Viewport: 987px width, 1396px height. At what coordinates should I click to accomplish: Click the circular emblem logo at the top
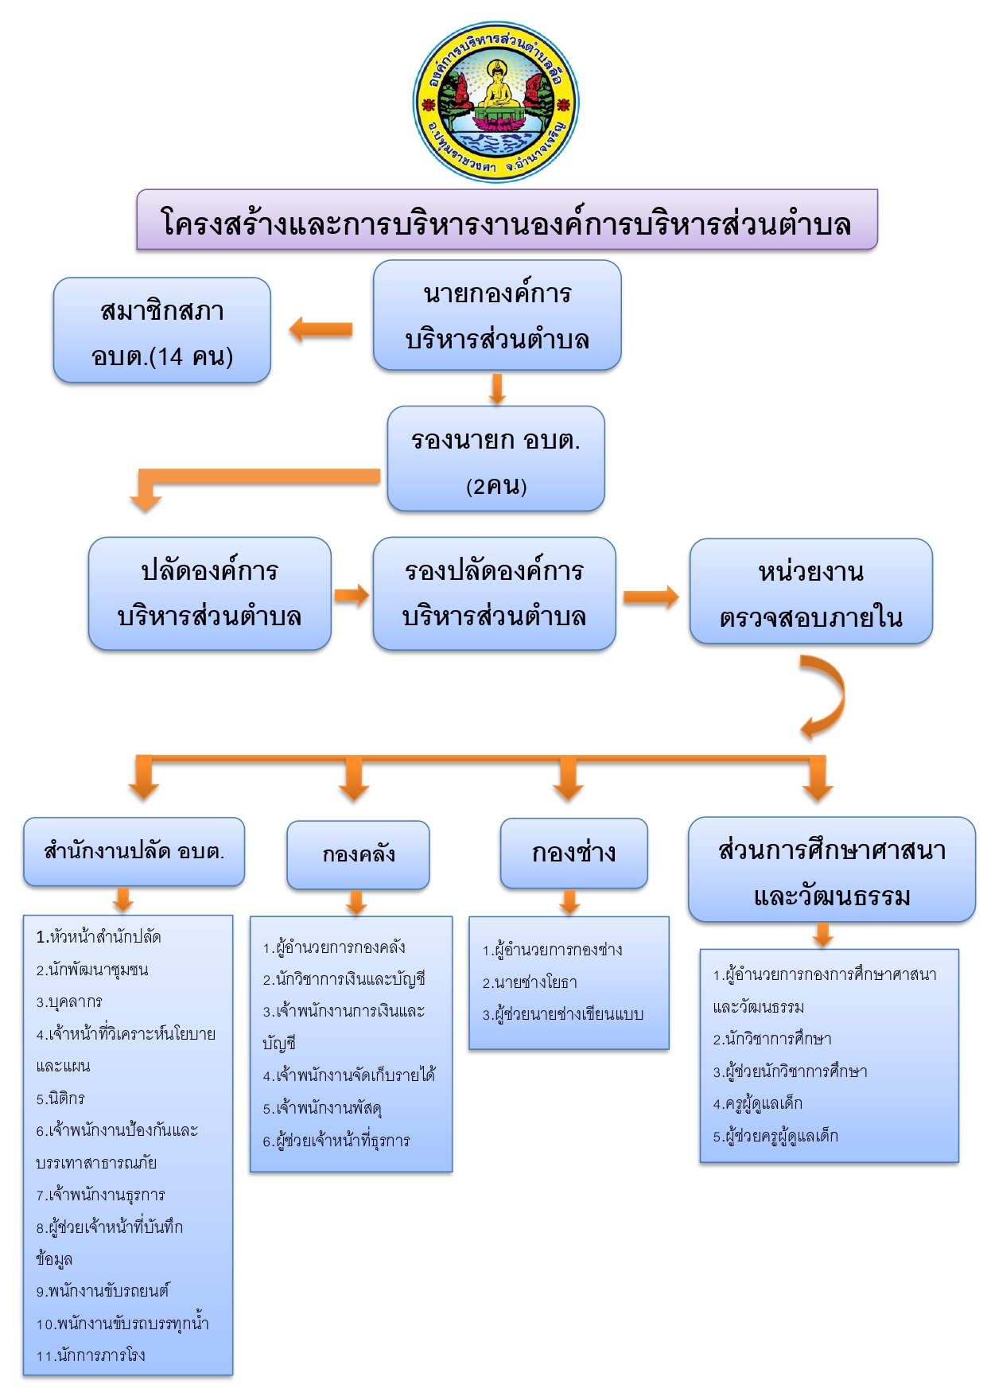[x=495, y=102]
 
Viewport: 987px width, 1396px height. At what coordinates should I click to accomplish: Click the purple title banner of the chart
[x=507, y=220]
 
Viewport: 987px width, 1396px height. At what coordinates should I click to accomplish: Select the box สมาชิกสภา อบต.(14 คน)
[x=162, y=330]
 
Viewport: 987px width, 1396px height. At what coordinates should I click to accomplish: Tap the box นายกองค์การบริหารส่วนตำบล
[x=497, y=315]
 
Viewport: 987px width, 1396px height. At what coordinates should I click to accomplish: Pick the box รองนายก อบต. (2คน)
[x=496, y=459]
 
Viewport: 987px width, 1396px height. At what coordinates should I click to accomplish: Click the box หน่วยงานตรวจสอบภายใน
[x=811, y=591]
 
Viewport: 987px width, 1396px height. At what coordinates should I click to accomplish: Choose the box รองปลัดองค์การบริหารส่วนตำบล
[x=495, y=593]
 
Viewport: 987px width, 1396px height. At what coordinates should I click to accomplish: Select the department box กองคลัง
[x=358, y=855]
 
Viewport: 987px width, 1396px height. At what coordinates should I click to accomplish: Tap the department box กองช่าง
[x=574, y=853]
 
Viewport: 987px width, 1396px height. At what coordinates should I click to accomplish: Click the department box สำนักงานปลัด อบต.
[x=134, y=852]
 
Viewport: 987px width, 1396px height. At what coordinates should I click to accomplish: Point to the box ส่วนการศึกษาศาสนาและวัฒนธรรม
[x=832, y=869]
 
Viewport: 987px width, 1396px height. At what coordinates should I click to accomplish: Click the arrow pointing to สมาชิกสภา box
[x=321, y=329]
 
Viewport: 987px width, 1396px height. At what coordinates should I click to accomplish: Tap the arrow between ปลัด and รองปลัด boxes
[x=352, y=595]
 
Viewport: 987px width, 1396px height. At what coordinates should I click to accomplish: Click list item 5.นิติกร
[x=60, y=1099]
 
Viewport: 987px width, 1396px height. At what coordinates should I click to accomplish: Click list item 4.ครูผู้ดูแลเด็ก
[x=758, y=1103]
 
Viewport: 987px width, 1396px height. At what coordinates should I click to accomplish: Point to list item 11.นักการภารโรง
[x=91, y=1355]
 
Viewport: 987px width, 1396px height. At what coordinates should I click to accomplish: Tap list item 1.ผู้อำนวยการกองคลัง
[x=335, y=947]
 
